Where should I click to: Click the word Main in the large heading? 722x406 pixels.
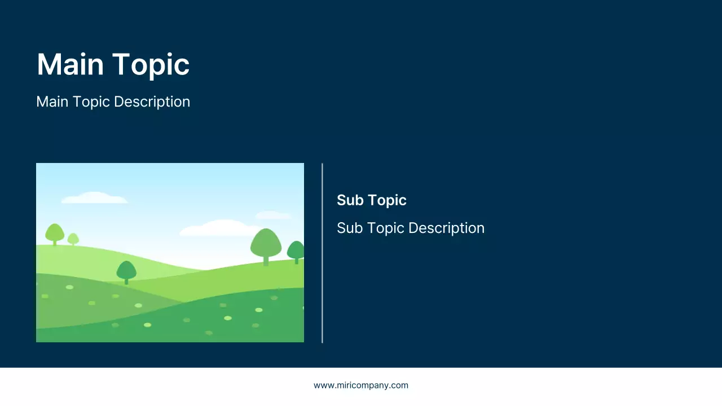point(71,64)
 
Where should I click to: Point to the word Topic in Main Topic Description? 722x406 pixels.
point(91,102)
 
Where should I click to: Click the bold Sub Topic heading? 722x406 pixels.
point(371,200)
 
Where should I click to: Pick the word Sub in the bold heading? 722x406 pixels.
point(349,200)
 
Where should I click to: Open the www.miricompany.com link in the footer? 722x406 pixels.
point(361,386)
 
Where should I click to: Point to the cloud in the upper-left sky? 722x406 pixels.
point(94,198)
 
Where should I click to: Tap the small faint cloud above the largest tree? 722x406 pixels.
point(273,215)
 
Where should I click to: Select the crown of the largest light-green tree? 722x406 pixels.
point(266,242)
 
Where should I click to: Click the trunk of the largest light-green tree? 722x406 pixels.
point(266,261)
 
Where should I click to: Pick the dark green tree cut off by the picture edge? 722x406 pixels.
point(296,251)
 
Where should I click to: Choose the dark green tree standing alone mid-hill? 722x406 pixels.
point(126,271)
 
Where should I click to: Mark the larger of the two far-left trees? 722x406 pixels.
point(55,233)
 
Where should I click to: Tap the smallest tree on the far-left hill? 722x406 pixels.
point(73,239)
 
